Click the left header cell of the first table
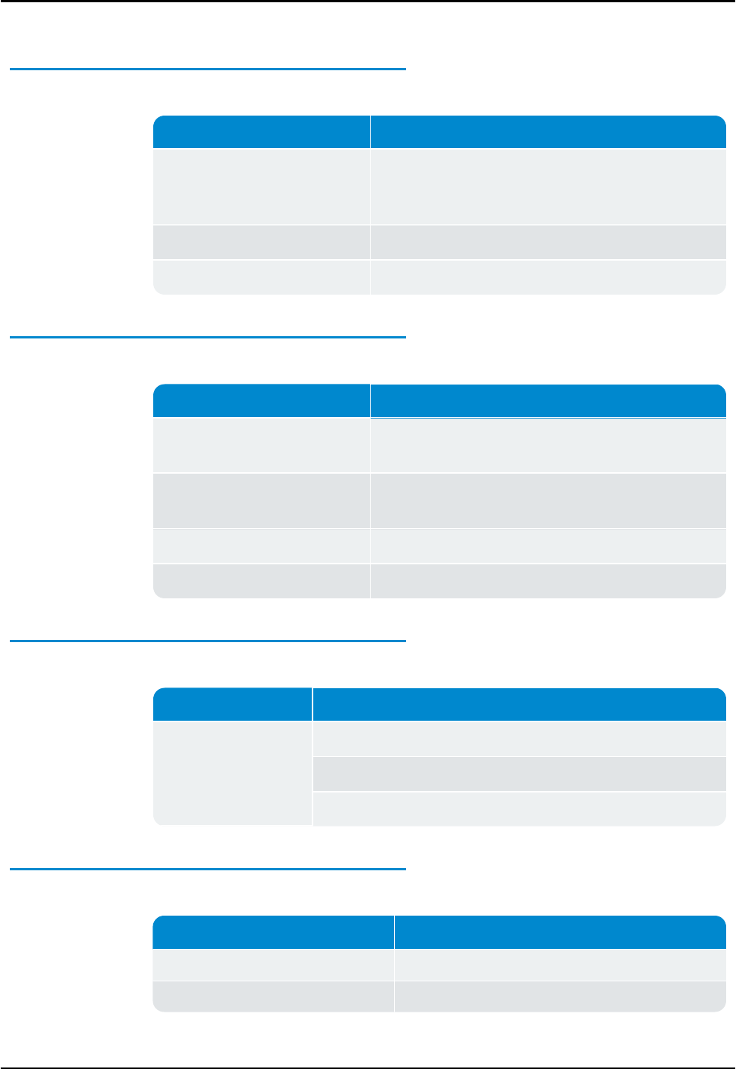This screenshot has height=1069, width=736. [x=261, y=132]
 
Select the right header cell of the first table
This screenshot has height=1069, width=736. [x=548, y=132]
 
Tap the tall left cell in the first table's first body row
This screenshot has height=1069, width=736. [x=261, y=187]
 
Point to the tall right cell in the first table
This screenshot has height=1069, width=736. [x=548, y=187]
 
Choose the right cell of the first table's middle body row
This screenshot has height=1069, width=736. [x=548, y=243]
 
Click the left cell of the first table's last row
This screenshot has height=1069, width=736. [x=261, y=277]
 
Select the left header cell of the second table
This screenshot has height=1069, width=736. [x=261, y=400]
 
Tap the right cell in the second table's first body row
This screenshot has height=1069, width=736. [x=548, y=446]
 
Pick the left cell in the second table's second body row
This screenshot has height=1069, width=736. [x=261, y=500]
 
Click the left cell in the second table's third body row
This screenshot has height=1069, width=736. [x=261, y=545]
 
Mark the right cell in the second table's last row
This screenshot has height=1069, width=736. [x=548, y=581]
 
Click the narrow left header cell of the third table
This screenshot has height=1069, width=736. [x=233, y=704]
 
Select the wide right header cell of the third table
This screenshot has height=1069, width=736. [x=519, y=704]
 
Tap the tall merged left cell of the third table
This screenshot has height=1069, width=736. [x=233, y=773]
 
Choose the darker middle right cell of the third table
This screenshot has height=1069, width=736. [x=519, y=774]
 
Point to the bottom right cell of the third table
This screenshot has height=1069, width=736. [x=519, y=808]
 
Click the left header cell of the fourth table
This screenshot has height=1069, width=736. [x=273, y=932]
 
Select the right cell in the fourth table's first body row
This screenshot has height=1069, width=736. [x=560, y=965]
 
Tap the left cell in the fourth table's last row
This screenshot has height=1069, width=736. [x=273, y=996]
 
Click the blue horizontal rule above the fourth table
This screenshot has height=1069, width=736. [x=208, y=869]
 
